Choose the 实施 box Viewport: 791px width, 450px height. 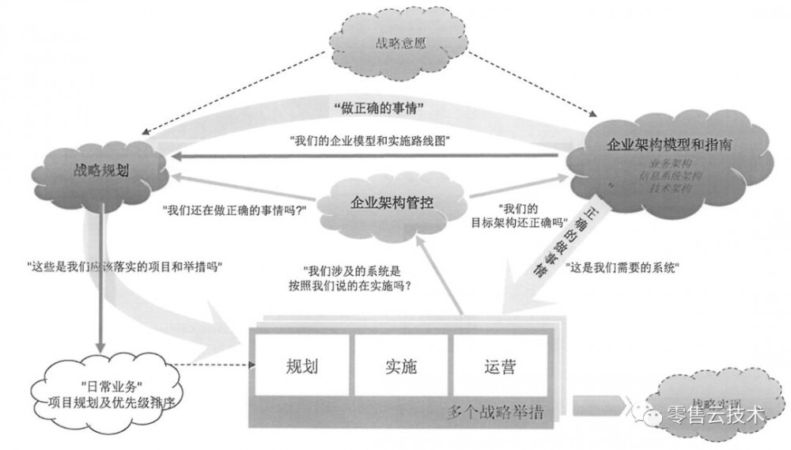pos(401,366)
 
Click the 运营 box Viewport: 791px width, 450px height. pos(500,366)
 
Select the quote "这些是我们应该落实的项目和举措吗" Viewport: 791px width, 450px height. pos(123,267)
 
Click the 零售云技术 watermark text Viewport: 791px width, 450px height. pos(716,414)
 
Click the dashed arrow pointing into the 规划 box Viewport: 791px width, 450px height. pos(214,366)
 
